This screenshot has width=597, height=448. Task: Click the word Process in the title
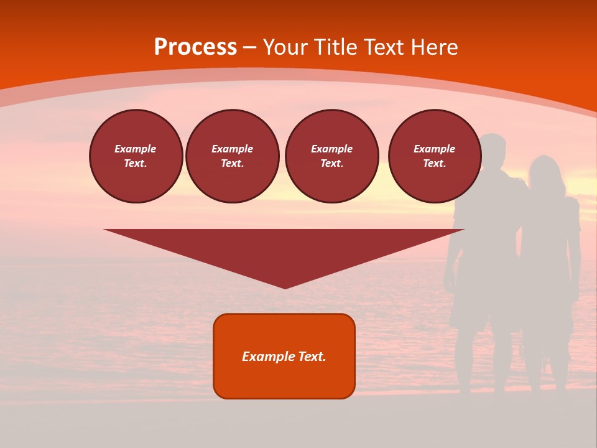[x=195, y=47]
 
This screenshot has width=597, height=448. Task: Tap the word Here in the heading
[x=436, y=47]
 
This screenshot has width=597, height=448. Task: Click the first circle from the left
[x=136, y=156]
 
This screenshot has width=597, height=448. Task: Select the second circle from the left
[x=233, y=156]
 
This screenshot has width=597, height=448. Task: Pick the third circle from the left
[x=332, y=156]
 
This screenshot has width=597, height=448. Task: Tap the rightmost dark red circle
[x=435, y=156]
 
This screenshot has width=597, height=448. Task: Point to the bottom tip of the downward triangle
[x=285, y=287]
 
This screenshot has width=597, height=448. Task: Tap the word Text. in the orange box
[x=312, y=357]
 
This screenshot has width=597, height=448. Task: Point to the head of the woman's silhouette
[x=545, y=171]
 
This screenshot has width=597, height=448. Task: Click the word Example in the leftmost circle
[x=136, y=149]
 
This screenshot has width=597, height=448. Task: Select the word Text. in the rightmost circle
[x=435, y=164]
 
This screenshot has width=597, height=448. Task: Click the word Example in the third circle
[x=332, y=149]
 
